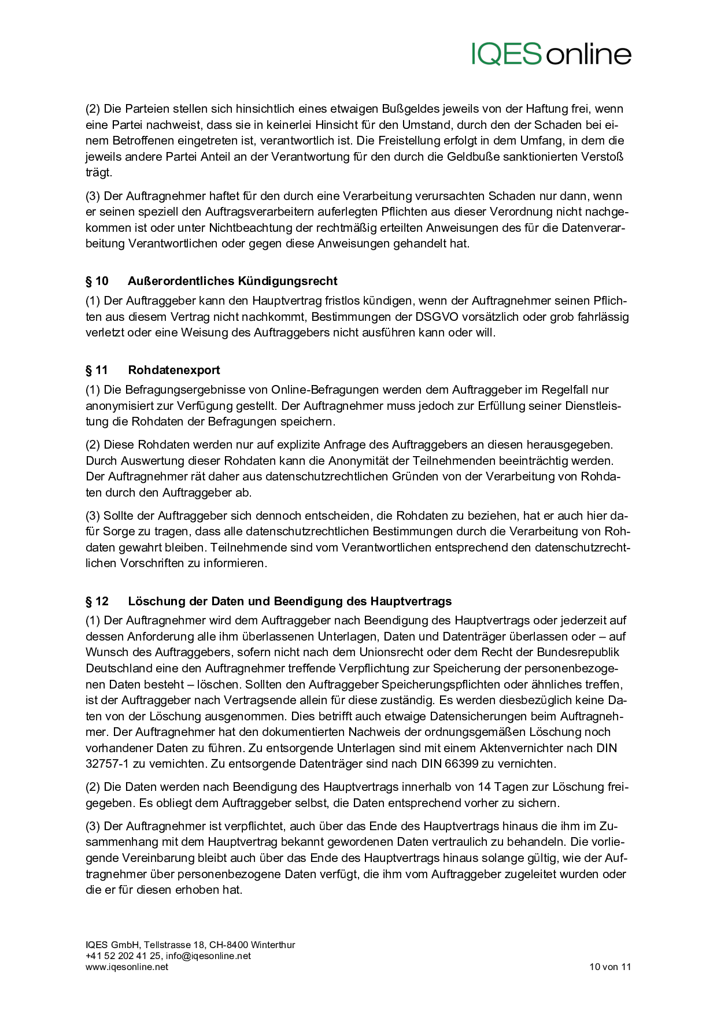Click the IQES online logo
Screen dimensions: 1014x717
coord(551,54)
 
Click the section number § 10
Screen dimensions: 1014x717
coord(97,281)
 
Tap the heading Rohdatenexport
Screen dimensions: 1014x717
coord(174,370)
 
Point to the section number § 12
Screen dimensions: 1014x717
coord(97,601)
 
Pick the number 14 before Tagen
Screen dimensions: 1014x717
coord(485,787)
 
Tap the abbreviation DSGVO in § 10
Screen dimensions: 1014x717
coord(435,317)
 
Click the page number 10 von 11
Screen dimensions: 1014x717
coord(610,967)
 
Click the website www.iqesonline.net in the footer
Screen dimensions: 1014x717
coord(127,967)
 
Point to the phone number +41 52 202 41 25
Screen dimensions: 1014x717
coord(123,956)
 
